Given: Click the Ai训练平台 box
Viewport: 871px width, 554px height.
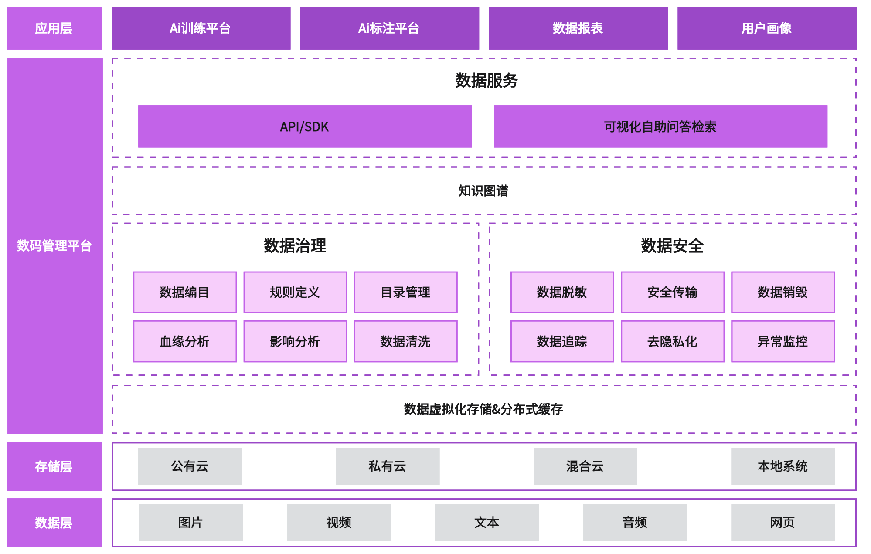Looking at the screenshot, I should [201, 28].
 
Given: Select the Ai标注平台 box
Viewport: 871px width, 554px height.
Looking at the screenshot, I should [389, 28].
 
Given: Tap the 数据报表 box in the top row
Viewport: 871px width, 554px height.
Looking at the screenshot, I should [578, 28].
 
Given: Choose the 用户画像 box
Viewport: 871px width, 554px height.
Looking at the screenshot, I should [766, 28].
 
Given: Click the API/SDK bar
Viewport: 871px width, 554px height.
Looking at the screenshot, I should [305, 127].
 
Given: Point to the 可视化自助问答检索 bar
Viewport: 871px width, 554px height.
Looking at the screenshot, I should [660, 127].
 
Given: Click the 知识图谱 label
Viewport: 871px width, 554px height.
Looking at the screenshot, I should [483, 191].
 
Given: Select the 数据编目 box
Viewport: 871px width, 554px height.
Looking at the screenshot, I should [185, 292].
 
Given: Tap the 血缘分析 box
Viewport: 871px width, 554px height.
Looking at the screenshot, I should [185, 341].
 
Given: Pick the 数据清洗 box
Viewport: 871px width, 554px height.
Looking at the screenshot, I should [405, 341].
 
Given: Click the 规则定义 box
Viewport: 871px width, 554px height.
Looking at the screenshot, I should [295, 292].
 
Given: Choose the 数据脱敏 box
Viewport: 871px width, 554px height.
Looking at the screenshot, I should [562, 292].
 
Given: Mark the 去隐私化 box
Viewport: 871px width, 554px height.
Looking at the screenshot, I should [672, 341].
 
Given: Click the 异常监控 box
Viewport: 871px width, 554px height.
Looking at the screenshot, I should [783, 341].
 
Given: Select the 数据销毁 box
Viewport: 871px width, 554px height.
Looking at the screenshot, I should [783, 292].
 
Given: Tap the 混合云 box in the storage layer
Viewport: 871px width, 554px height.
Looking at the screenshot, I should [585, 466].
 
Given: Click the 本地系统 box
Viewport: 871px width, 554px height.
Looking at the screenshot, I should [783, 466].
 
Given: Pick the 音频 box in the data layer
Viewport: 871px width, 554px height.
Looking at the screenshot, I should [635, 523].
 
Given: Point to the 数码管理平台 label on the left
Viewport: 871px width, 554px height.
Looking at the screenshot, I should [54, 246].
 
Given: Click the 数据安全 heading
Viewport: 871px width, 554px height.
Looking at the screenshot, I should [672, 246].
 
